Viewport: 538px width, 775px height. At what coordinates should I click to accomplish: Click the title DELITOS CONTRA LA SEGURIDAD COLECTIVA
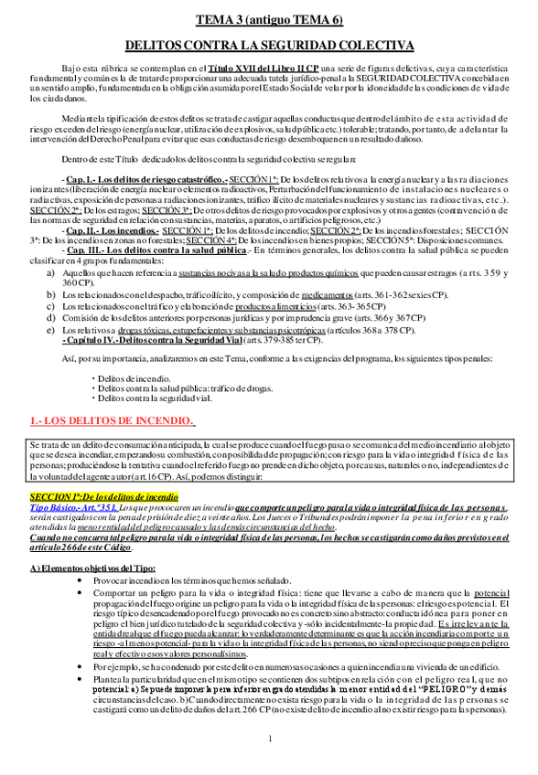point(269,45)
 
